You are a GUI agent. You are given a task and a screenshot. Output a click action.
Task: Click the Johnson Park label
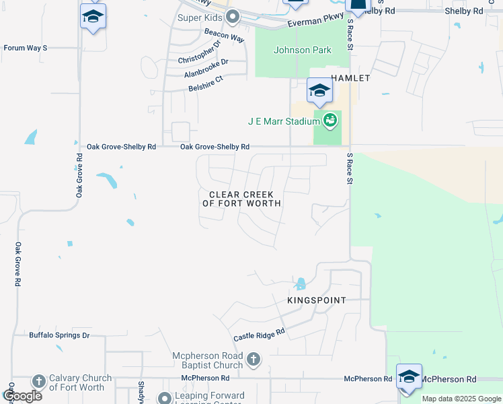tap(302, 50)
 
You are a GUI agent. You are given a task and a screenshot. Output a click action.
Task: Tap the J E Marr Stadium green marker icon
tap(330, 121)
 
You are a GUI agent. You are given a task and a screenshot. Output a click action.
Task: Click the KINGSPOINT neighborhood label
tap(317, 300)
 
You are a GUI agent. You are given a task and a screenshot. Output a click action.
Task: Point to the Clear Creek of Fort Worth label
tap(241, 199)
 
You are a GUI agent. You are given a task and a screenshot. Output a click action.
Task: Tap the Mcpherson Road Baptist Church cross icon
tap(254, 360)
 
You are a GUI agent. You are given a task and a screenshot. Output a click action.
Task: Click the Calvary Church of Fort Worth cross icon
tap(38, 381)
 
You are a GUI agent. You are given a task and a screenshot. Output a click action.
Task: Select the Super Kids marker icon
tap(233, 18)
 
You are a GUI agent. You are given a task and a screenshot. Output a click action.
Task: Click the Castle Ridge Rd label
tap(259, 333)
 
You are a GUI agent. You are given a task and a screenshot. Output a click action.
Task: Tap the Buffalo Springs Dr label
tap(59, 335)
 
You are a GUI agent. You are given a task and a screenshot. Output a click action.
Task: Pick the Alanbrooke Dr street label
tap(206, 67)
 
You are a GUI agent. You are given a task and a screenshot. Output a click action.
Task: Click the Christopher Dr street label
tap(200, 53)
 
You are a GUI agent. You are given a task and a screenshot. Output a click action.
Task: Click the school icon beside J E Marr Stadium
tap(319, 90)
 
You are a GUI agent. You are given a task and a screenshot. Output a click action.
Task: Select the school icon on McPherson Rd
tap(409, 376)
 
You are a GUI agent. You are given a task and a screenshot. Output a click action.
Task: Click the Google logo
tap(22, 396)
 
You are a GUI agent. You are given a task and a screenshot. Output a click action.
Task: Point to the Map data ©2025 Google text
tap(461, 399)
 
